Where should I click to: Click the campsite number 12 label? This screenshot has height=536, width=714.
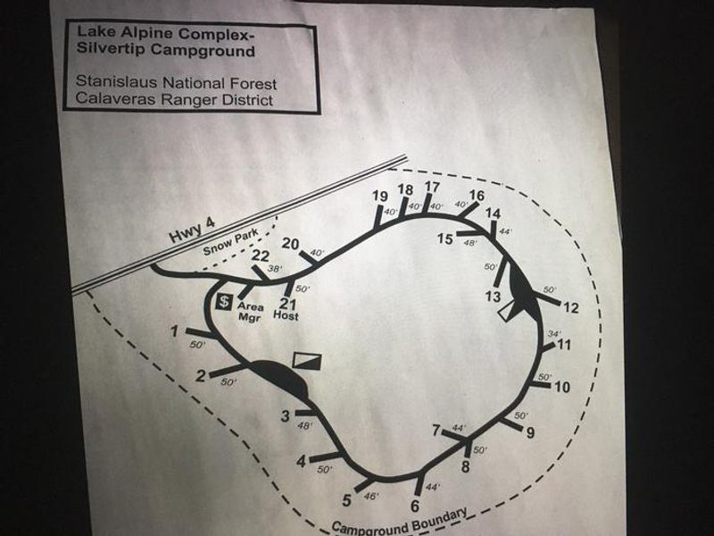571,308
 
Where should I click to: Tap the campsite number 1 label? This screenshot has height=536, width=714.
176,332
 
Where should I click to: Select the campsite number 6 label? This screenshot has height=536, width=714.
414,507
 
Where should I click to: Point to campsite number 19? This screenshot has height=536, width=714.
379,197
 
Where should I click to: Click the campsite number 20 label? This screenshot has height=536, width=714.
290,243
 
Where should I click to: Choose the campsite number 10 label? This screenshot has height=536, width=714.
561,387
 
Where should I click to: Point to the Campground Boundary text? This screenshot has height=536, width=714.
399,522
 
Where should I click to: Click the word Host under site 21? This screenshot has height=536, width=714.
286,316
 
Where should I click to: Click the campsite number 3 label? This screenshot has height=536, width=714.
286,415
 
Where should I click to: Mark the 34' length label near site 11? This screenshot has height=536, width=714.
553,333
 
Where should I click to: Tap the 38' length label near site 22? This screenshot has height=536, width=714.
276,268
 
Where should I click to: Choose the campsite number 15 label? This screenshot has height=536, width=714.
446,239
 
